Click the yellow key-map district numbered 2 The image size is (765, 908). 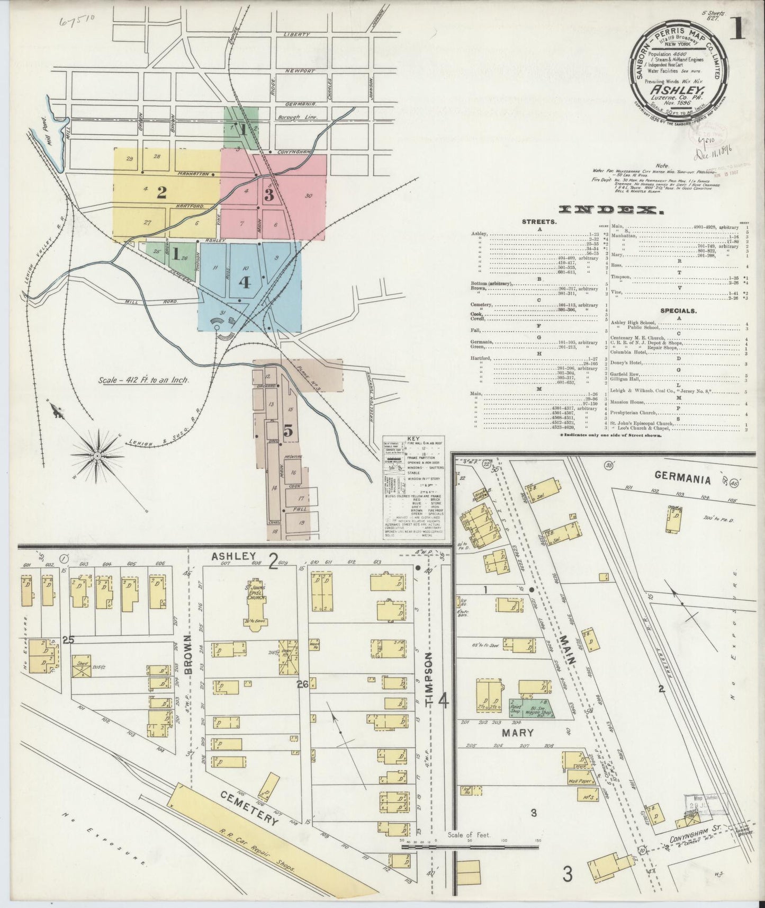pyautogui.click(x=161, y=193)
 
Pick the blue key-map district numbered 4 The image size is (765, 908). pyautogui.click(x=244, y=282)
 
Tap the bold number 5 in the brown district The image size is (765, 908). pyautogui.click(x=288, y=432)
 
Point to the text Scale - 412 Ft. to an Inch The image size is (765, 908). pyautogui.click(x=144, y=380)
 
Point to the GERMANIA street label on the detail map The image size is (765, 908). pyautogui.click(x=682, y=476)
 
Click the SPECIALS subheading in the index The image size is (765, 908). pyautogui.click(x=678, y=311)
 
